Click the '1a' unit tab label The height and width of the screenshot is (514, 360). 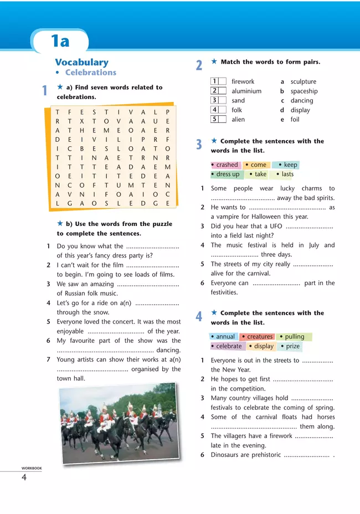pyautogui.click(x=60, y=41)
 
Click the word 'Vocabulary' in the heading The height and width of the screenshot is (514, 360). pyautogui.click(x=81, y=62)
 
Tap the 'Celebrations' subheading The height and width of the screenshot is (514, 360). pyautogui.click(x=91, y=73)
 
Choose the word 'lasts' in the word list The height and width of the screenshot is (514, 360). pyautogui.click(x=287, y=174)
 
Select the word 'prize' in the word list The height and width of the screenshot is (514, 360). pyautogui.click(x=292, y=346)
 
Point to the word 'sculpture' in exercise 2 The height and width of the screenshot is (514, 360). pyautogui.click(x=304, y=81)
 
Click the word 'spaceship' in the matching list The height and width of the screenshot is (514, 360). pyautogui.click(x=304, y=91)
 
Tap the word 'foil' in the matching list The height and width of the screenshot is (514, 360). pyautogui.click(x=295, y=119)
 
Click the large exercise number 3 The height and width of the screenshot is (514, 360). pyautogui.click(x=199, y=145)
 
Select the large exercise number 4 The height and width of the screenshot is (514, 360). pyautogui.click(x=199, y=317)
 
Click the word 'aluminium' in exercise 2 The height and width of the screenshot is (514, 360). pyautogui.click(x=246, y=91)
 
